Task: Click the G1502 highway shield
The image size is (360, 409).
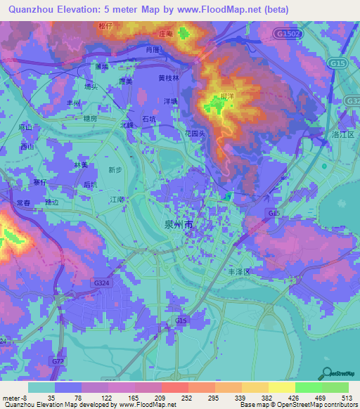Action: (x=287, y=34)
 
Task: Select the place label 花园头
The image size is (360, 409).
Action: (x=195, y=132)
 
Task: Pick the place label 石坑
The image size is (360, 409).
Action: (x=149, y=119)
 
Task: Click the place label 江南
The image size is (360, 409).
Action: (x=117, y=200)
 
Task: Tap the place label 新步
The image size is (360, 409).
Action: (x=115, y=169)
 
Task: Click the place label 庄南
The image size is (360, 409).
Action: (x=165, y=33)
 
